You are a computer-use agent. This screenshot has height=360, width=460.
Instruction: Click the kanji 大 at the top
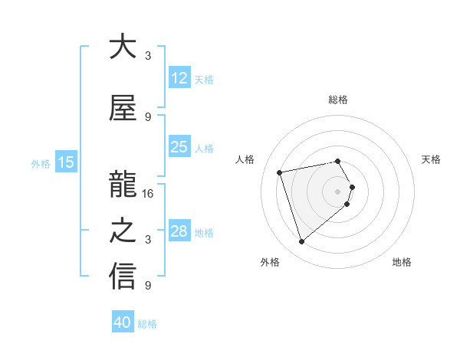click(123, 47)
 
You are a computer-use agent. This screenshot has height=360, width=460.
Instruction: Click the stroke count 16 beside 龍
click(148, 194)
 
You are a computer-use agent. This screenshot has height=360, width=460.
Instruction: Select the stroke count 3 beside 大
click(148, 56)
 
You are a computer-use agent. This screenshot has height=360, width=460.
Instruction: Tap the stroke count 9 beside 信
click(148, 286)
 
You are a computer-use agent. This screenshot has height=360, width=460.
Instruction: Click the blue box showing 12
click(179, 78)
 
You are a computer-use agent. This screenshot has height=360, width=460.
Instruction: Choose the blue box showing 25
click(179, 147)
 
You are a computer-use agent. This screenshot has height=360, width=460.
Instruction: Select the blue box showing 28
click(179, 231)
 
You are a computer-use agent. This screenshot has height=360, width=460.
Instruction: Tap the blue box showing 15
click(65, 162)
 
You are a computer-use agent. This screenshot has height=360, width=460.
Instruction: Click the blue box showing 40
click(123, 322)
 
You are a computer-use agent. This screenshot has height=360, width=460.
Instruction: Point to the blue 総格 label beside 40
click(148, 324)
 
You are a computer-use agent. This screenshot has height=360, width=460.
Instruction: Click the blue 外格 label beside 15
click(41, 163)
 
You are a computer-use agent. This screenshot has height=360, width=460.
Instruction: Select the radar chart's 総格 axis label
click(338, 100)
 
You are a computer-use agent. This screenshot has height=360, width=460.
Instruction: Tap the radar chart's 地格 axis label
click(402, 262)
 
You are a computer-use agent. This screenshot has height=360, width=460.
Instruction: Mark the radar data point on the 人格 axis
click(280, 172)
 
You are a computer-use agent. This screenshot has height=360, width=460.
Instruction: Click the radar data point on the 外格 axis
click(301, 241)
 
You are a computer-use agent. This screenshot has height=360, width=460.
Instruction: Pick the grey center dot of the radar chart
click(338, 191)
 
